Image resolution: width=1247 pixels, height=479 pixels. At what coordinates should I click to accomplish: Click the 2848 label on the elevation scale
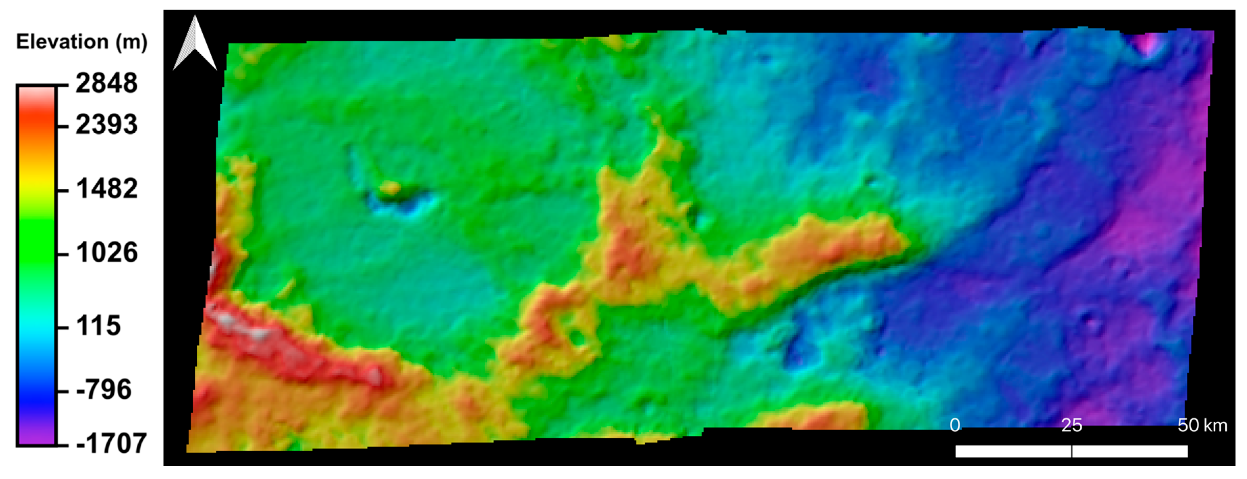point(107,83)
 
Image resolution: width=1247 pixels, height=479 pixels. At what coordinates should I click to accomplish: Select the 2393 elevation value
point(107,125)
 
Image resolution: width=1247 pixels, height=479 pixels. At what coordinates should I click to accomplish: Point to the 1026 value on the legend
point(107,252)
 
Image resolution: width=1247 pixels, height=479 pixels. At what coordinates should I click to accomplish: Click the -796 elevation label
point(104,390)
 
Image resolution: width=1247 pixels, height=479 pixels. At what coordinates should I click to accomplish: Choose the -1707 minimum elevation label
point(111,443)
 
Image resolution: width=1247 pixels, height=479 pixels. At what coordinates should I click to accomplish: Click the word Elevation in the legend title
point(62,42)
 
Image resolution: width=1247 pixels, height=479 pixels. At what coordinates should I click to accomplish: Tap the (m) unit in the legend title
point(131,42)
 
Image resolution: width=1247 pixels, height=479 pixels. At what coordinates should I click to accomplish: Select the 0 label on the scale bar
point(954,425)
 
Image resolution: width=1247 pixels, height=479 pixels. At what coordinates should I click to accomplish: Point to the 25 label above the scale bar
point(1071,425)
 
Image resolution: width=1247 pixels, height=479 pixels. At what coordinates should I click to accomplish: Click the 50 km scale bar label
point(1202,425)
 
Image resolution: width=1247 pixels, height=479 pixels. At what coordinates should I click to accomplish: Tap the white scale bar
point(1071,451)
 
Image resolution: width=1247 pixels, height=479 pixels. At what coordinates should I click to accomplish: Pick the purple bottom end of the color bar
point(37,436)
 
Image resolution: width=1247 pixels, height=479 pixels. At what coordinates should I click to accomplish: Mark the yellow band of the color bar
point(37,184)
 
